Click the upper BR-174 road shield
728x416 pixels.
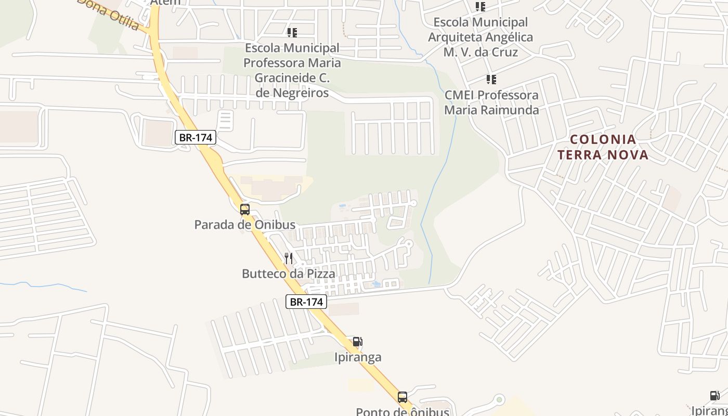click(x=195, y=138)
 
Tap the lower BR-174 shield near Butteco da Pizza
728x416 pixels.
click(x=306, y=302)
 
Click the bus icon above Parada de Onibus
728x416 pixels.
click(x=244, y=210)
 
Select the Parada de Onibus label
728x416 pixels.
click(x=244, y=225)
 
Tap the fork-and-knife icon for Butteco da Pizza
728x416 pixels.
click(x=289, y=258)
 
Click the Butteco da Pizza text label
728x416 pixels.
click(x=289, y=274)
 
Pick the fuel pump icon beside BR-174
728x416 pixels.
click(x=357, y=342)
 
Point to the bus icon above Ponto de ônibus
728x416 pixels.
click(x=402, y=397)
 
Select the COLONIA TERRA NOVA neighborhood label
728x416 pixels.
click(x=603, y=147)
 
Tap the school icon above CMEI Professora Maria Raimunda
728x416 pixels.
click(x=491, y=80)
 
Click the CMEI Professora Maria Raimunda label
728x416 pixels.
click(x=491, y=102)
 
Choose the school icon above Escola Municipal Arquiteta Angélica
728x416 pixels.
click(x=480, y=7)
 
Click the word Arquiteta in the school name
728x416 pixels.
click(x=480, y=37)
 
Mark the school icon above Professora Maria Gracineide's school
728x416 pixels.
click(x=292, y=33)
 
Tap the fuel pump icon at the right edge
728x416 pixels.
click(x=715, y=396)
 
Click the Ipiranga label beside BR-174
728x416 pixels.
click(x=357, y=357)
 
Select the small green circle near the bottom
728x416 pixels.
click(x=499, y=400)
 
